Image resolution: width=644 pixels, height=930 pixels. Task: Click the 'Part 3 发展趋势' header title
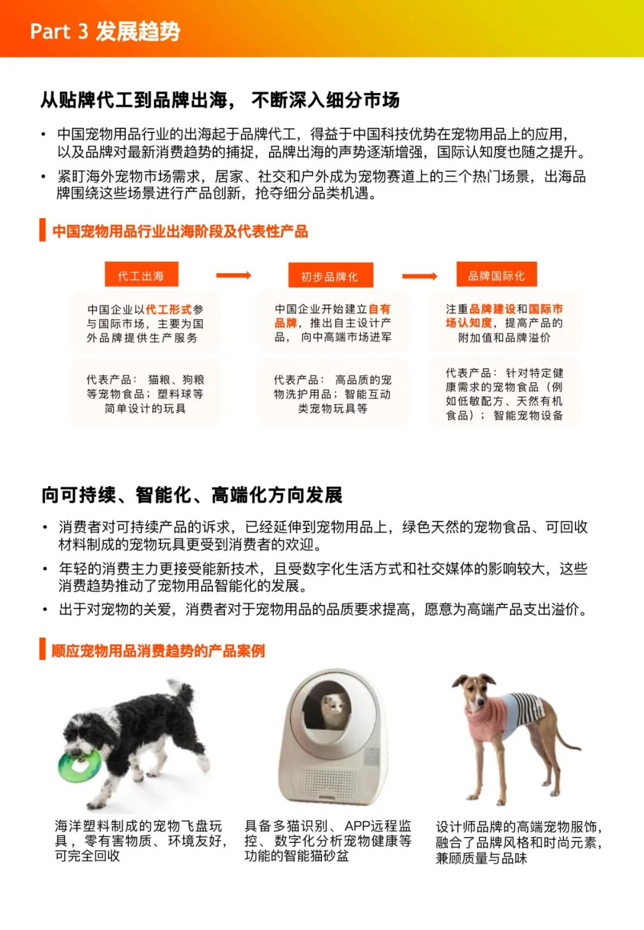[x=105, y=31]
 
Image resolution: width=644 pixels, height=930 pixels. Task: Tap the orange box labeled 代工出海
[x=141, y=276]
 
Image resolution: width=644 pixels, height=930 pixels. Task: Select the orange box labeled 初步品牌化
[x=330, y=276]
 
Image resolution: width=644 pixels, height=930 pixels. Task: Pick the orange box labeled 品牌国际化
[x=496, y=275]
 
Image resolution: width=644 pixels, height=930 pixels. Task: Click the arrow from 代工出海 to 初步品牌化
[x=233, y=275]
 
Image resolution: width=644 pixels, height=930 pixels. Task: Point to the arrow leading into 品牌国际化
[x=419, y=276]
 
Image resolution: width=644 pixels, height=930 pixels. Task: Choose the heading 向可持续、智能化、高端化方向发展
[x=191, y=495]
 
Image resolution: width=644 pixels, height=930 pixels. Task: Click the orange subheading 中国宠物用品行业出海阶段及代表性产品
[x=179, y=231]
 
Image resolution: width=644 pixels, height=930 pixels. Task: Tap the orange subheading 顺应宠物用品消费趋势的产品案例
[x=158, y=650]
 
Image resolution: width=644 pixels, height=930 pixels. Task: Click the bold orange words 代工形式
[x=169, y=309]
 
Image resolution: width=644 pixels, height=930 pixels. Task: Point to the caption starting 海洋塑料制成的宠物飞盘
[x=139, y=841]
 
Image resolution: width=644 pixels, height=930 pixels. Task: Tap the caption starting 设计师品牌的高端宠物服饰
[x=518, y=842]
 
